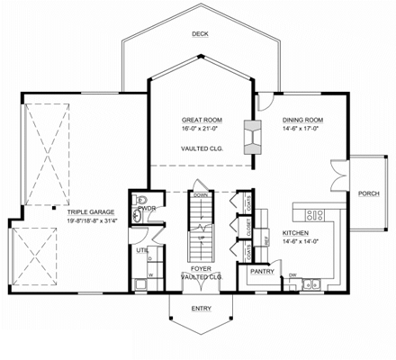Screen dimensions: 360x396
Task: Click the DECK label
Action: tap(199, 34)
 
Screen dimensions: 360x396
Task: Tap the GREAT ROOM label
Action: tap(202, 119)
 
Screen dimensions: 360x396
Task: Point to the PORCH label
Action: tap(368, 193)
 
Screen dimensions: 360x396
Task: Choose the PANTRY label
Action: tap(262, 270)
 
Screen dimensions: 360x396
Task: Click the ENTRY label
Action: tap(202, 308)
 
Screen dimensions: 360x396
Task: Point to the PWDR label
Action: tap(148, 209)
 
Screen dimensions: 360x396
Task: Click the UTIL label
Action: tap(142, 251)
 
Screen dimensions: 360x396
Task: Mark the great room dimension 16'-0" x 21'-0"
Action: tap(202, 128)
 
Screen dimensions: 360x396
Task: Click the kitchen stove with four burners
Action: tap(315, 214)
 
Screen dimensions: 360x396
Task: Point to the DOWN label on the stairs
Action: tap(202, 194)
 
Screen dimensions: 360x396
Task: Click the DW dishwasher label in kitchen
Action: tap(293, 274)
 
